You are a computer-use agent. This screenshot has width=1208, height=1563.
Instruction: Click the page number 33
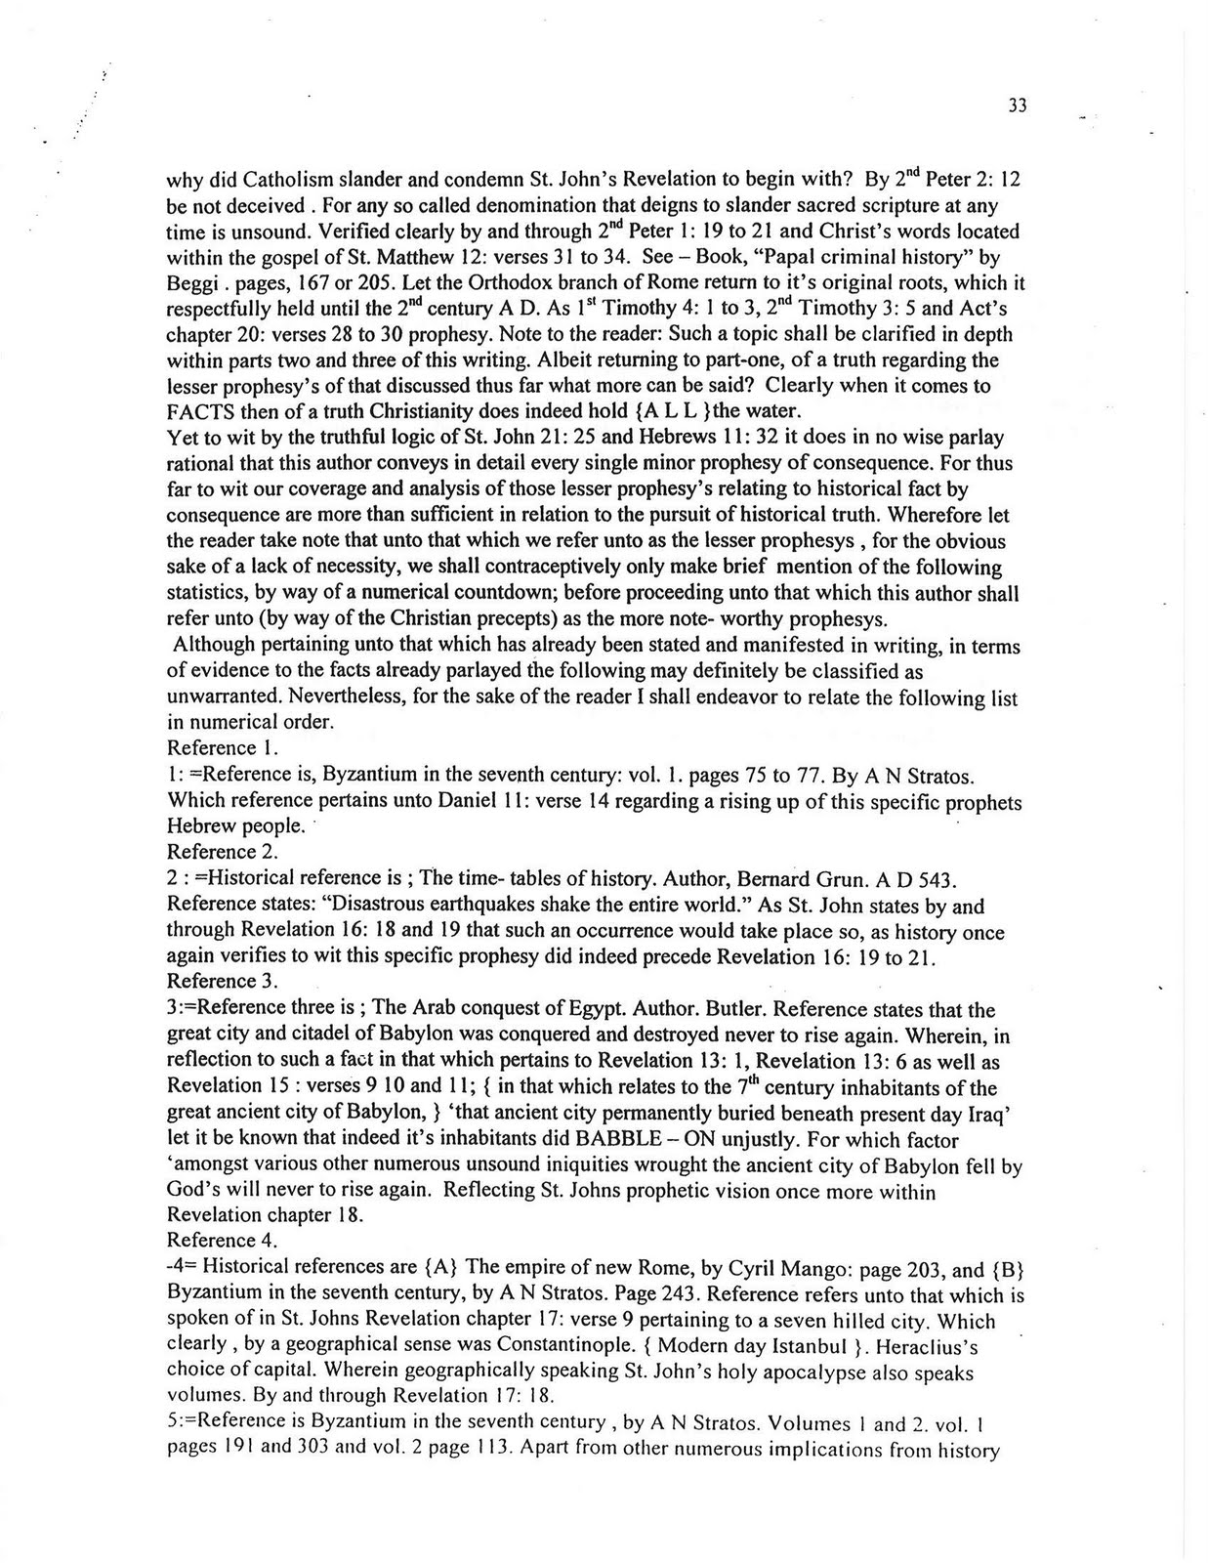click(x=1017, y=106)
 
